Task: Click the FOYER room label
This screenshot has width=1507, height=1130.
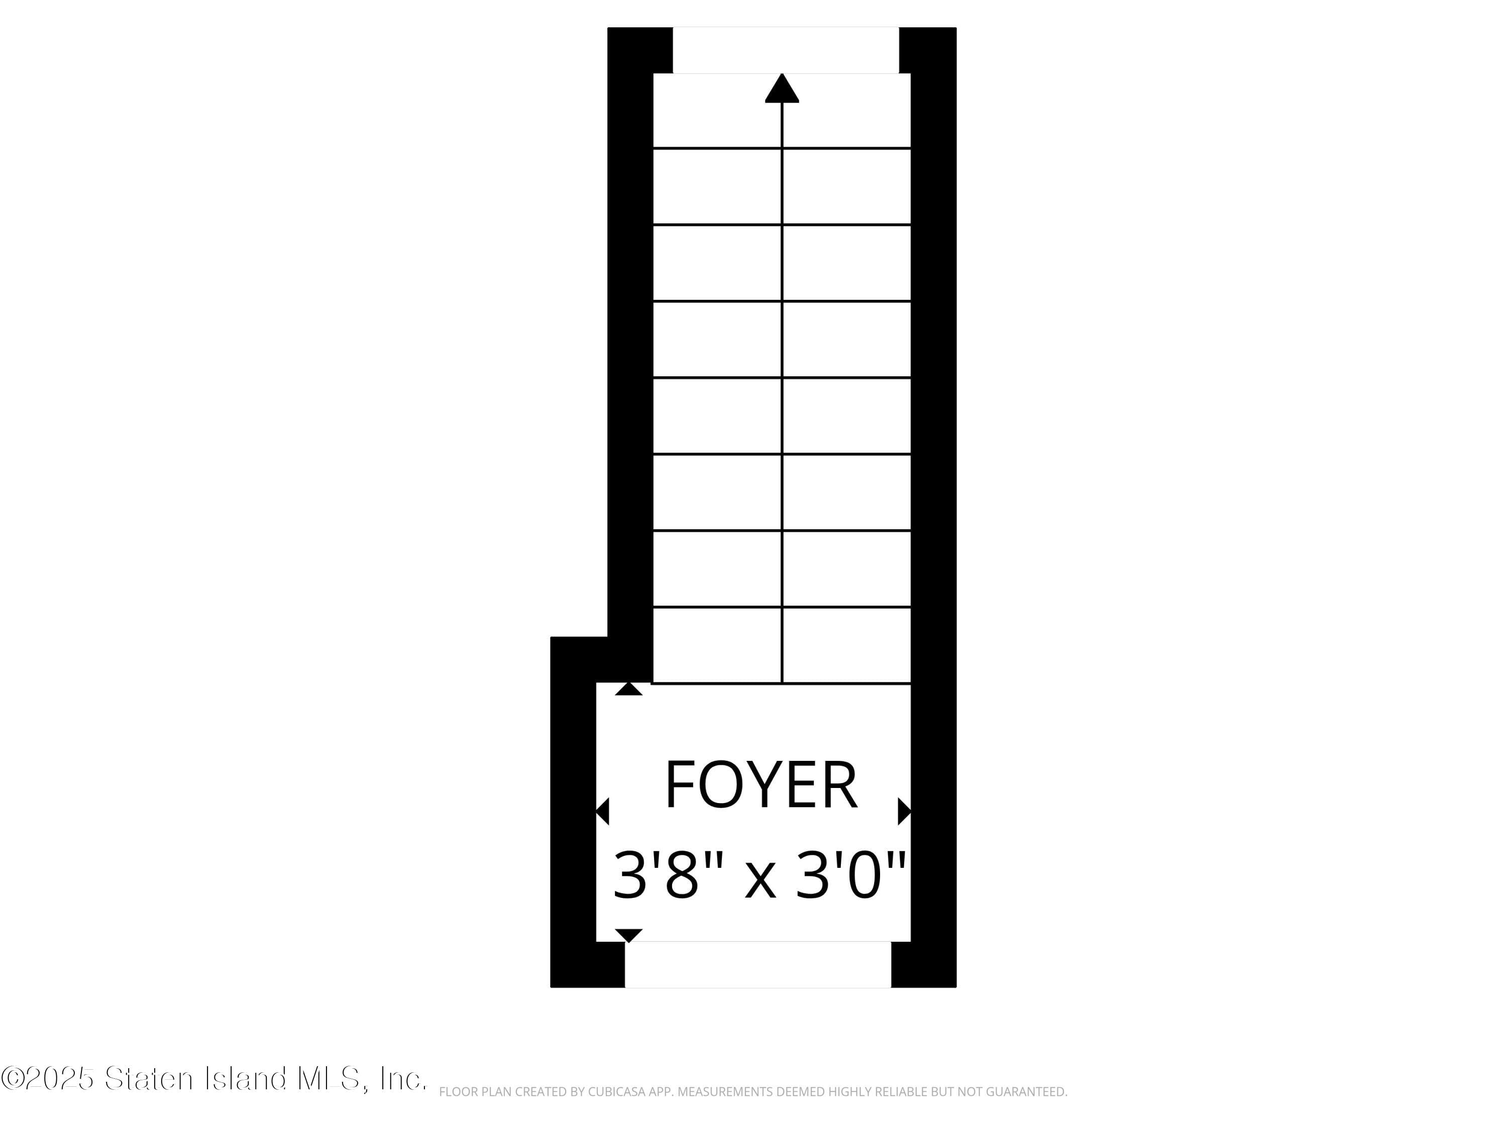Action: [761, 785]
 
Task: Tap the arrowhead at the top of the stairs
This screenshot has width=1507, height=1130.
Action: [782, 88]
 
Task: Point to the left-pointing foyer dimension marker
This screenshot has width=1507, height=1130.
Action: [602, 811]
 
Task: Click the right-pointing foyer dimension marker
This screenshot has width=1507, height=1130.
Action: [904, 811]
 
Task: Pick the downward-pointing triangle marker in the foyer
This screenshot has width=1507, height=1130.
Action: [628, 935]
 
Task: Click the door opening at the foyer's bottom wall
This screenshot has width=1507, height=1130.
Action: [758, 964]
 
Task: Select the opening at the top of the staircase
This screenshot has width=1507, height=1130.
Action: [786, 50]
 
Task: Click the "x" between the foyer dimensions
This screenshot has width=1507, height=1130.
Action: [761, 879]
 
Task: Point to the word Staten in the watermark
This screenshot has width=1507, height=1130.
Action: [149, 1078]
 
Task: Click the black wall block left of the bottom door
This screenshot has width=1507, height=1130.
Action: [587, 964]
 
